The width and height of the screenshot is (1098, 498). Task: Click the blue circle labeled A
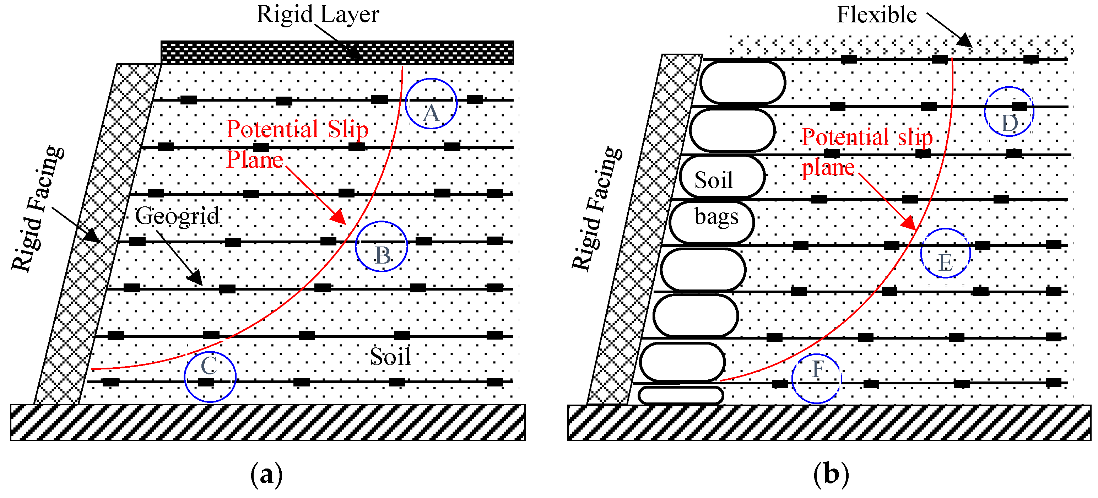pos(431,104)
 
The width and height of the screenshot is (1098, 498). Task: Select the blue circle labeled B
pos(382,247)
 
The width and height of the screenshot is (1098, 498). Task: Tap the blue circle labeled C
pos(210,377)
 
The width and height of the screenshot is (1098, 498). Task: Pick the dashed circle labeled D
pos(1009,112)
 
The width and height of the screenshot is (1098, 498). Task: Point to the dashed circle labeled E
pos(945,253)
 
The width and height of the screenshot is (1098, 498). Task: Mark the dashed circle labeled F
pos(816,379)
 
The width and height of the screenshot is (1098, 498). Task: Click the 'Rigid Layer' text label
pos(318,15)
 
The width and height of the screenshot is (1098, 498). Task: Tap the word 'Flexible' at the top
pos(877,15)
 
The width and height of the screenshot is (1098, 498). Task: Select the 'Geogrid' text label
pos(177,216)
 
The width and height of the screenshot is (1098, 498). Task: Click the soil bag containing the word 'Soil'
pos(723,177)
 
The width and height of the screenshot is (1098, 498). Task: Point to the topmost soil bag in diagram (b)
pos(742,83)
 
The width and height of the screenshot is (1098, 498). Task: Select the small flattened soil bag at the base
pos(681,395)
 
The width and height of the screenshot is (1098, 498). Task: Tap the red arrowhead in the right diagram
pos(909,223)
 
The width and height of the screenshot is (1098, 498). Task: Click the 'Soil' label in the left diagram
pos(390,356)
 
